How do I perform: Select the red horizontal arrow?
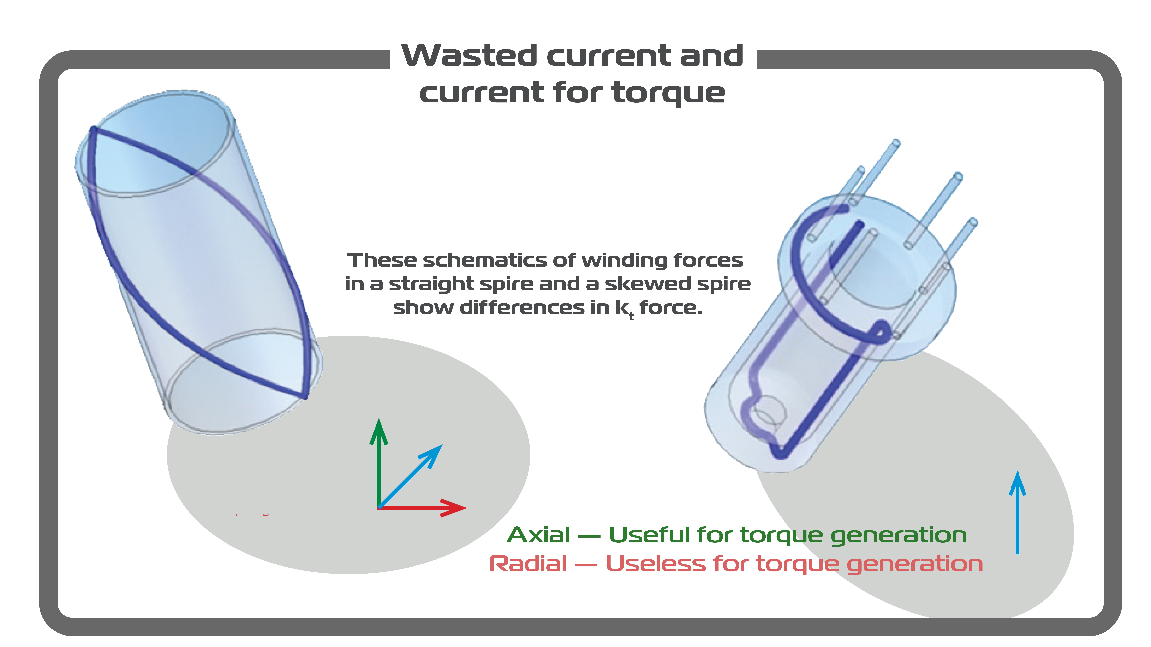click(422, 508)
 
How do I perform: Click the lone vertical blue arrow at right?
click(1017, 513)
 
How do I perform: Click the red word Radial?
click(528, 563)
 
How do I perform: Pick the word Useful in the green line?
click(649, 535)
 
